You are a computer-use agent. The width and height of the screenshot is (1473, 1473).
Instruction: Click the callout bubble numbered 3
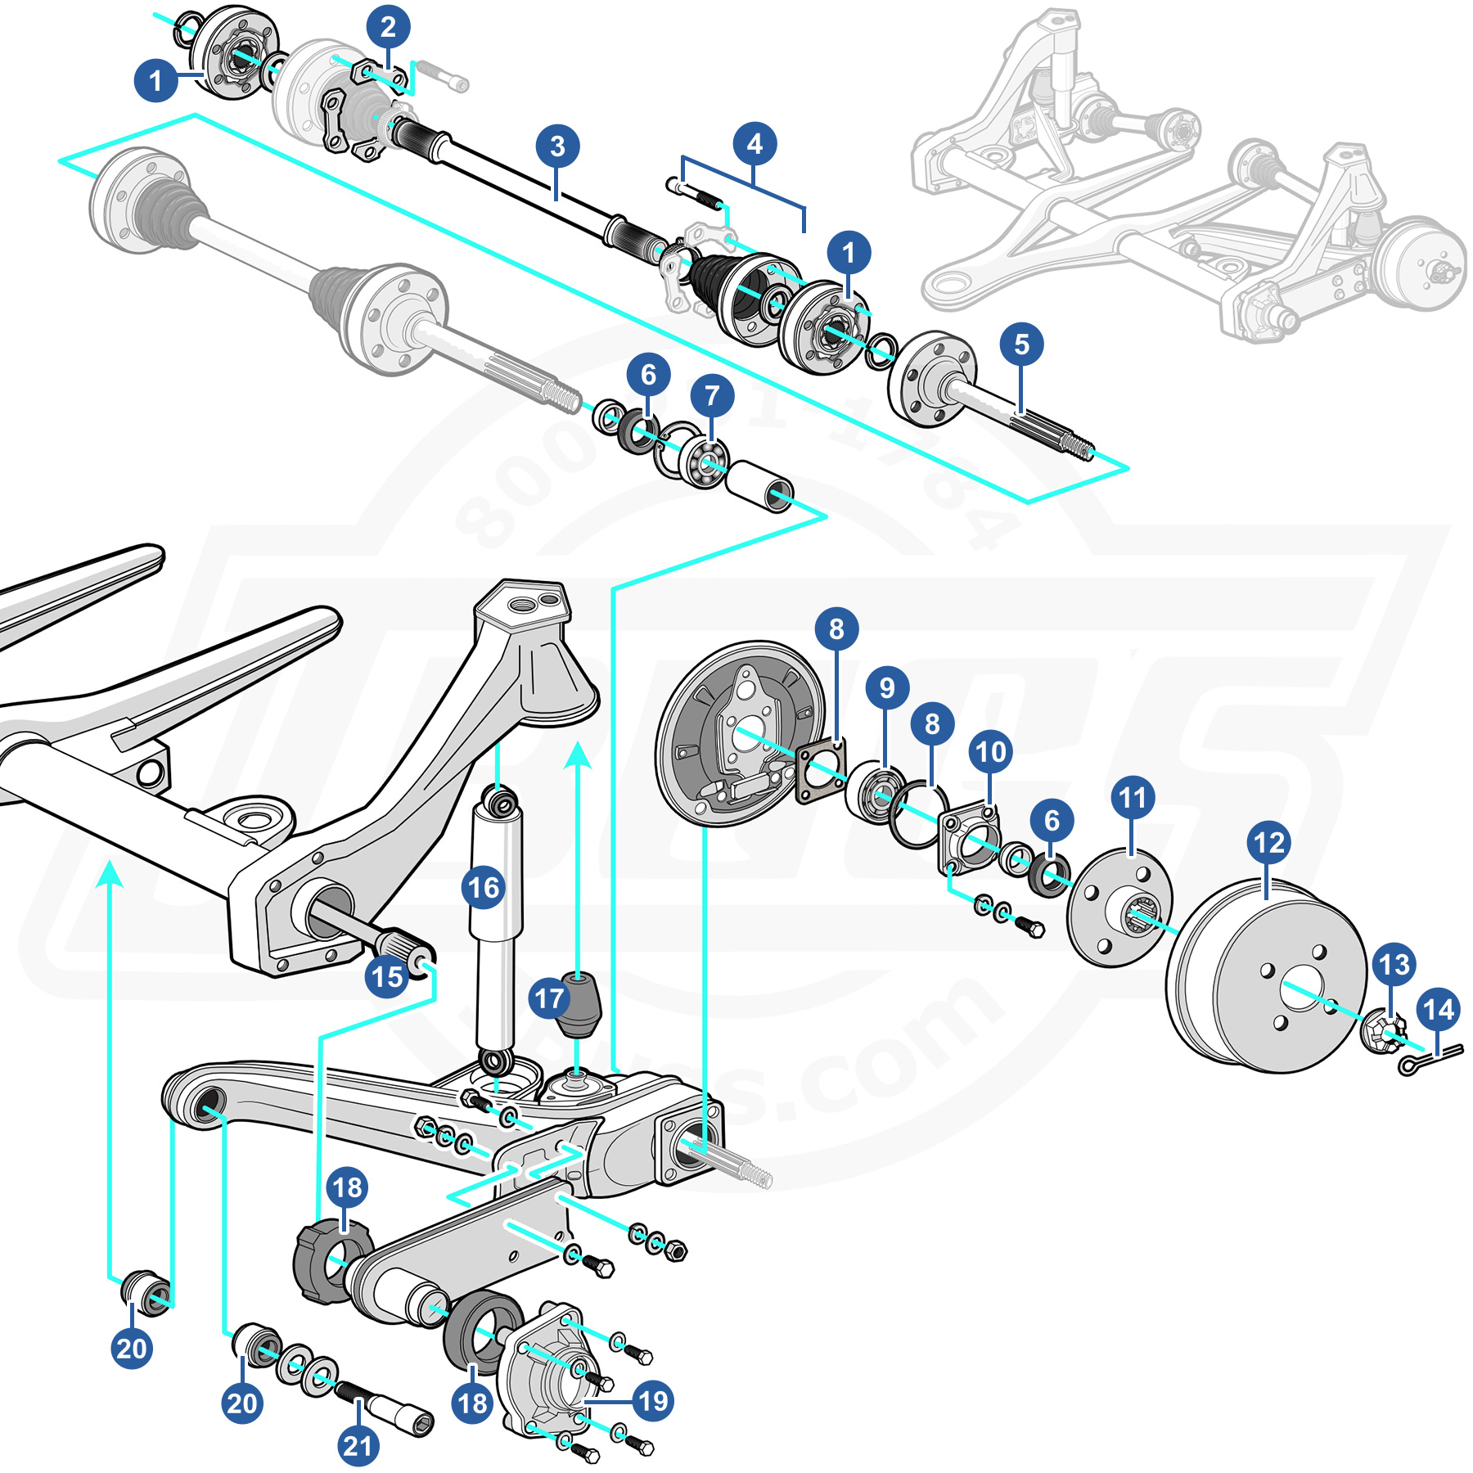pos(557,146)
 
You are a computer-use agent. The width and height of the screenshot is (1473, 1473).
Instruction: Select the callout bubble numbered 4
pos(755,144)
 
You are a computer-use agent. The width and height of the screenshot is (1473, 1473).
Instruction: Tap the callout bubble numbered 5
pos(1021,345)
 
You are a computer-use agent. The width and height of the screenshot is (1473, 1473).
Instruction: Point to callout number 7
pos(712,396)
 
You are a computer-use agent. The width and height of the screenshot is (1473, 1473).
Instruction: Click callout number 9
pos(887,688)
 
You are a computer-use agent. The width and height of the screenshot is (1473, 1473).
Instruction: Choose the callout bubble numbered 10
pos(990,752)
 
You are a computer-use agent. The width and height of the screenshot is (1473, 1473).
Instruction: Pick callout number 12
pos(1269,843)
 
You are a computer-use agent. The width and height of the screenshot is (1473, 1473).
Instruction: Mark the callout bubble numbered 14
pos(1439,1010)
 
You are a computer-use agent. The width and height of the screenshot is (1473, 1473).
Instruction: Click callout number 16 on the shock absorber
pos(484,888)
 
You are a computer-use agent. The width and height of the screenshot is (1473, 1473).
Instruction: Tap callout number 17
pos(549,998)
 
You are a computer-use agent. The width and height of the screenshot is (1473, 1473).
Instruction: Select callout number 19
pos(653,1401)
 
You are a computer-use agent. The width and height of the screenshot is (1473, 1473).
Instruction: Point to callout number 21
pos(358,1445)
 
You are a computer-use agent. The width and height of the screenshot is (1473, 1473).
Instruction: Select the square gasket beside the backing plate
pos(820,770)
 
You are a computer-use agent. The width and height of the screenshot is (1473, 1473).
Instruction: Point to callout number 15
pos(387,976)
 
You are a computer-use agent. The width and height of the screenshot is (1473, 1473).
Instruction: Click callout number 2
pos(388,27)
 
